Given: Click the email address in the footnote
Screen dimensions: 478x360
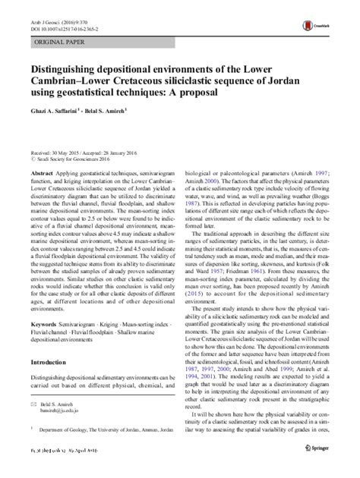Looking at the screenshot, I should coord(54,435).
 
